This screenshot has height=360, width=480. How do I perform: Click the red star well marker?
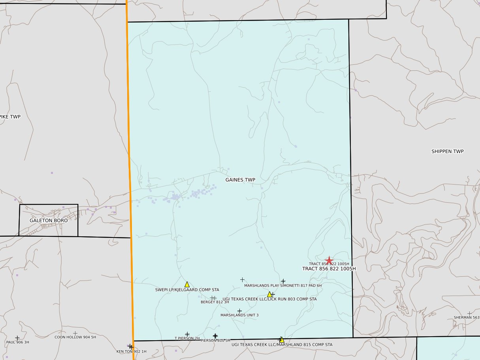(x=329, y=260)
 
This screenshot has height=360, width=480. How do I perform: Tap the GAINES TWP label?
(x=240, y=180)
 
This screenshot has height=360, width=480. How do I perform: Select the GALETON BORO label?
(x=49, y=221)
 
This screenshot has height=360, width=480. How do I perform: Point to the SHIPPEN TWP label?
(x=447, y=151)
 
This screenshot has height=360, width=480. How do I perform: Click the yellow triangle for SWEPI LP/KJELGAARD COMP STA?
(x=187, y=284)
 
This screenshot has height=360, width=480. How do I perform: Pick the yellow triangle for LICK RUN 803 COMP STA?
(x=269, y=294)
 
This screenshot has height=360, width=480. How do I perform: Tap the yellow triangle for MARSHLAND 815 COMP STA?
(x=281, y=339)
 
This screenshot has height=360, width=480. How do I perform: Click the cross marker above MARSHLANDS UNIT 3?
(x=239, y=311)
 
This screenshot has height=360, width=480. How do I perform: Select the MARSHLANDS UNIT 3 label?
(x=239, y=315)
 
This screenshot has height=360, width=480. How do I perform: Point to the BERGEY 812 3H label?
(x=215, y=302)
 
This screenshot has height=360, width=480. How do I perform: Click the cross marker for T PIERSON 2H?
(x=187, y=334)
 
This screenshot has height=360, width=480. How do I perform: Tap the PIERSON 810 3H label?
(x=215, y=341)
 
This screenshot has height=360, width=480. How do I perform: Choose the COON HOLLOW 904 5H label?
(x=75, y=337)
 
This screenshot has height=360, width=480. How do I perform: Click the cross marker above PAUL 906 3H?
(x=17, y=338)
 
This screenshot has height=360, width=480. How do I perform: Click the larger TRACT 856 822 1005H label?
(x=329, y=269)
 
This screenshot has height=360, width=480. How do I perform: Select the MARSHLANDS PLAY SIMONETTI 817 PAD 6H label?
(x=283, y=285)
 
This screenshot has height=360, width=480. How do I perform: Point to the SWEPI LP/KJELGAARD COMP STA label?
(x=187, y=290)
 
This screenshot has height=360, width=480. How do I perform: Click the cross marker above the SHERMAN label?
(x=469, y=313)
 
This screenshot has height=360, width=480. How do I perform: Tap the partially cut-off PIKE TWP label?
(x=10, y=117)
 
